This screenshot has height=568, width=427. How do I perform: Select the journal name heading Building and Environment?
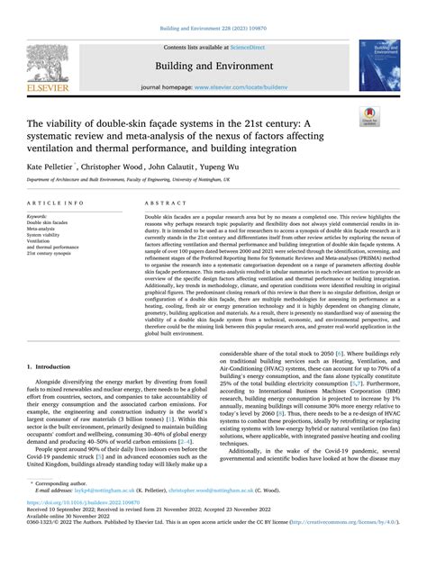(213, 65)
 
